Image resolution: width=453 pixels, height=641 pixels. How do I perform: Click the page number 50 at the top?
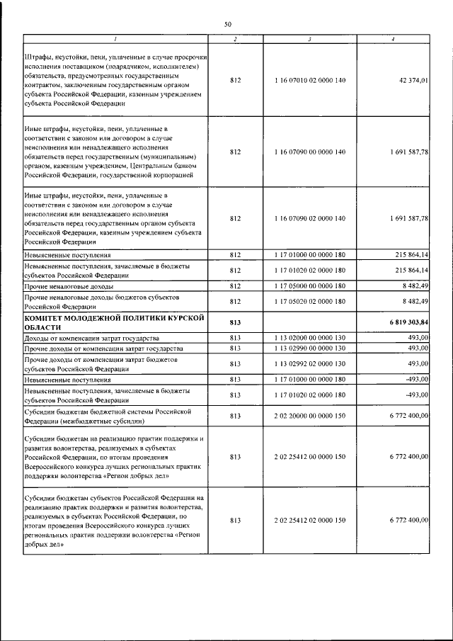228,24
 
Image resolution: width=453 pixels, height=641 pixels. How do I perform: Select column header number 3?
309,39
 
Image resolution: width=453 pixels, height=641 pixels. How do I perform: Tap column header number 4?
393,39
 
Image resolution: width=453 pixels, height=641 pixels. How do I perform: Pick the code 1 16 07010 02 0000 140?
309,81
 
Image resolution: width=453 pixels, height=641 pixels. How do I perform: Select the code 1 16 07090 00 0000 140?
309,152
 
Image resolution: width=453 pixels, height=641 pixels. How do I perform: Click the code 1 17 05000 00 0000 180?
309,285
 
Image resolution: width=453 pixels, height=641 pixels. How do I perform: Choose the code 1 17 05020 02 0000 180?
309,302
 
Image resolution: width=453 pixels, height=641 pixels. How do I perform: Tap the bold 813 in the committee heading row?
236,322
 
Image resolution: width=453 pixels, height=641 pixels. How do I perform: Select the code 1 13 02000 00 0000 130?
309,338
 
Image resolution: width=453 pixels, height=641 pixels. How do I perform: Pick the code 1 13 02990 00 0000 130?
309,348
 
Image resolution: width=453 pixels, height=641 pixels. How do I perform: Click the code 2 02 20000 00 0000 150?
309,416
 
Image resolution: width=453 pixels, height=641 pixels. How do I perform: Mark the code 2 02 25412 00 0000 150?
309,458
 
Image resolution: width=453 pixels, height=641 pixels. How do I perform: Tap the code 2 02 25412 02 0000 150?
309,520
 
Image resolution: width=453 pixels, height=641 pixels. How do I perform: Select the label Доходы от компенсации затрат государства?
91,338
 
